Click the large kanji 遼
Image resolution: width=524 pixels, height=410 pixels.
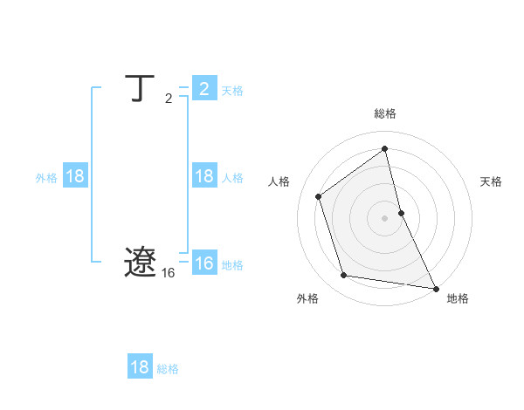click(x=140, y=262)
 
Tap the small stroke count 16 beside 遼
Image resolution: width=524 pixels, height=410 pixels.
click(x=168, y=273)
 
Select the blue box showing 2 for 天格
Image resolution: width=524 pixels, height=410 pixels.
click(x=203, y=89)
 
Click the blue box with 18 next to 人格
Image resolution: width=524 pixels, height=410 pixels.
click(x=203, y=176)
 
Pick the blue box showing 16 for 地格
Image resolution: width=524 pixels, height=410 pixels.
click(x=203, y=263)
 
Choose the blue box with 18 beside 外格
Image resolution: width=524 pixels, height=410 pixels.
click(x=75, y=176)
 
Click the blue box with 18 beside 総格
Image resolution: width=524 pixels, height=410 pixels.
click(x=140, y=367)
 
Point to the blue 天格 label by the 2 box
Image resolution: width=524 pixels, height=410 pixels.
click(x=232, y=91)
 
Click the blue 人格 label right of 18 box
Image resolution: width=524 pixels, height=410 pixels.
click(x=232, y=178)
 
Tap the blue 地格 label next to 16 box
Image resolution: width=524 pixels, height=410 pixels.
click(x=232, y=265)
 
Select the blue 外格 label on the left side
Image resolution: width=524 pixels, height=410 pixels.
click(x=46, y=178)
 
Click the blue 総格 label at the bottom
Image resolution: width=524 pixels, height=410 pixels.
click(x=168, y=369)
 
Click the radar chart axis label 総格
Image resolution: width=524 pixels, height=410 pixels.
click(x=385, y=113)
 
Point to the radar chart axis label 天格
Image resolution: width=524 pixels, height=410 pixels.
click(x=491, y=181)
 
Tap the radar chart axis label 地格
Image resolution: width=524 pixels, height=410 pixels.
click(x=458, y=298)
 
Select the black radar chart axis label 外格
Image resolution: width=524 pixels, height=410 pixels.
click(x=307, y=298)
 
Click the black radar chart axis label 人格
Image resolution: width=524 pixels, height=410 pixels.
click(x=279, y=181)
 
